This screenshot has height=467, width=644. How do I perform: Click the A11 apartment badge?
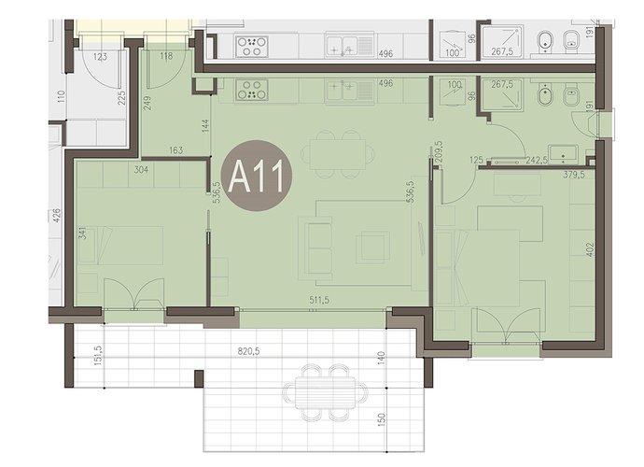point(257,176)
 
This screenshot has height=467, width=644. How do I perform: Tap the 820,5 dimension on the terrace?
point(249,351)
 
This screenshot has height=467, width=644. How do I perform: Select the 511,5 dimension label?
point(319,300)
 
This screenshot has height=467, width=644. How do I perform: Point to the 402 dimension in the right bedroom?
point(590,250)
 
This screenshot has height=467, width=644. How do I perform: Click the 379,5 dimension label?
point(574,175)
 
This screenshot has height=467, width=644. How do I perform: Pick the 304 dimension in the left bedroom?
point(141,169)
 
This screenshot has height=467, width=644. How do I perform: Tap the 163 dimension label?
point(175,150)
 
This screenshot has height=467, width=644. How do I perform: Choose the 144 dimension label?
point(205,125)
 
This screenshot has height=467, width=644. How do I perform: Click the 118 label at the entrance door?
point(166,56)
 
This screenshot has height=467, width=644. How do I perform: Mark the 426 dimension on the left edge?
point(56,216)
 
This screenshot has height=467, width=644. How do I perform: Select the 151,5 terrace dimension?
point(98,354)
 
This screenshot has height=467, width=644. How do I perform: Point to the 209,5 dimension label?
point(438,152)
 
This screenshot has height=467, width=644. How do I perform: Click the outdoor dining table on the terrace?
point(325,392)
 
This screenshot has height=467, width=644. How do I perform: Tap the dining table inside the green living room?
point(338,154)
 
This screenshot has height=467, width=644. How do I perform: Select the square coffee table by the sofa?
point(372,248)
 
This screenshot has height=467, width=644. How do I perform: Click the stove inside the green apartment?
point(251,90)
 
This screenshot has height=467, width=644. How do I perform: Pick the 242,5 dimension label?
point(537,161)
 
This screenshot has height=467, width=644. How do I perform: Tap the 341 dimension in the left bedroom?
point(82,233)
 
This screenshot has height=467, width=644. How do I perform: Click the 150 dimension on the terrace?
point(382,419)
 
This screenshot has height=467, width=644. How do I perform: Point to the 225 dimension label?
point(121,98)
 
